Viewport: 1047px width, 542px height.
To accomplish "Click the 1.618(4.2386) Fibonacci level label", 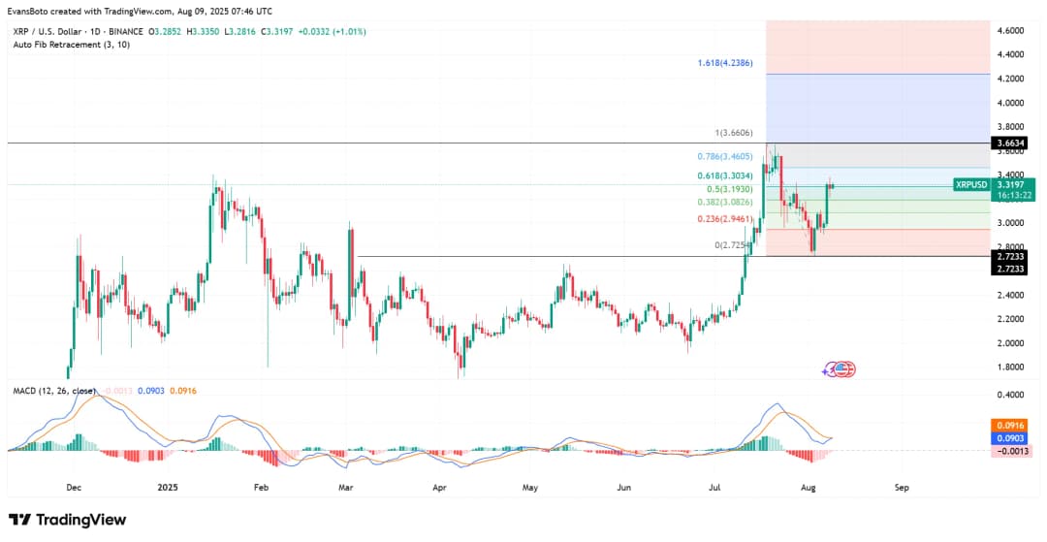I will pos(725,63).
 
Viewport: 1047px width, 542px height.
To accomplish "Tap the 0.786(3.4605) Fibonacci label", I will pos(725,155).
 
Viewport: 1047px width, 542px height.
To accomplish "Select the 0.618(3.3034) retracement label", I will pos(725,175).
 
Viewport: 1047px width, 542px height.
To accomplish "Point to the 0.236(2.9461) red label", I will pos(725,219).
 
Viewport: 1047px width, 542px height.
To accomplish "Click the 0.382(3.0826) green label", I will pos(725,203).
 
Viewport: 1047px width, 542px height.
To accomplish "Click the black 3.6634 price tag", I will pos(1011,143).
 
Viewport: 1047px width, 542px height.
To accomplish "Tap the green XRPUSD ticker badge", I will pos(970,184).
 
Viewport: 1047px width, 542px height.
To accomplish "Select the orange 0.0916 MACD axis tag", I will pos(1011,426).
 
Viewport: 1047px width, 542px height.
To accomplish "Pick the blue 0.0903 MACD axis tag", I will pos(1011,438).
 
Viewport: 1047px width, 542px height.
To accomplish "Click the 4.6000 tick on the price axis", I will pos(1011,31).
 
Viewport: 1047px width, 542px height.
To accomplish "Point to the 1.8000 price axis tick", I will pos(1011,367).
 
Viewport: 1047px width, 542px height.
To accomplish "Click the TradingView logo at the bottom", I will pos(68,520).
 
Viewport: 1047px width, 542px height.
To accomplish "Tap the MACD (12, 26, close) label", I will pos(54,391).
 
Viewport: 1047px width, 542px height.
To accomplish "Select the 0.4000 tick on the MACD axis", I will pos(1011,395).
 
